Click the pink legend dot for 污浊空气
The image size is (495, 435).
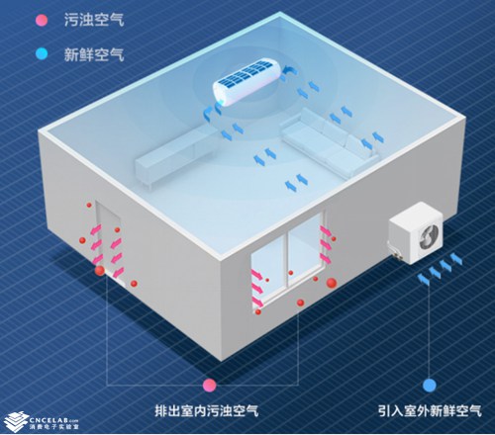42,21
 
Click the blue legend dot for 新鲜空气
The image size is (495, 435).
42,53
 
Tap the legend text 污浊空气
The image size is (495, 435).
94,20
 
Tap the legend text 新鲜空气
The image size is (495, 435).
94,54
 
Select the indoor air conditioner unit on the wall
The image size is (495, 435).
248,81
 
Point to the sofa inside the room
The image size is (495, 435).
330,141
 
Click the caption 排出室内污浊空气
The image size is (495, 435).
207,411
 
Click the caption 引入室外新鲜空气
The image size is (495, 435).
430,411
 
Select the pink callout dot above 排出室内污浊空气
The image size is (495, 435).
209,385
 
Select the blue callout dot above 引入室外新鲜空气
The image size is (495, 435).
430,385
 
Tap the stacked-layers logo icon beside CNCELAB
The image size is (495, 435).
16,422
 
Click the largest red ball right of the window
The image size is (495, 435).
332,283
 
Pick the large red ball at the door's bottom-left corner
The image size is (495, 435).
100,271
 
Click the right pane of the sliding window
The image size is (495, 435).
305,249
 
